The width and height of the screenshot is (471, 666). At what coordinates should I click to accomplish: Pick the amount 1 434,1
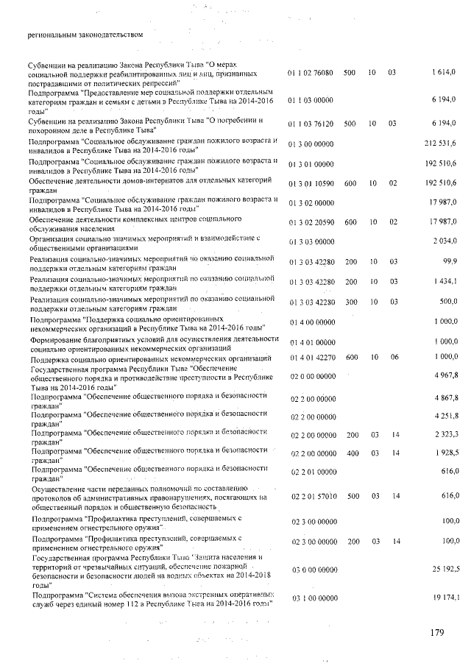pos(444,282)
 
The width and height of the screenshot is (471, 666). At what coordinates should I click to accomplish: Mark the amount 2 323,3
pos(444,435)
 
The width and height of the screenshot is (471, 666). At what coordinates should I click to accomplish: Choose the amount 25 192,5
pos(442,569)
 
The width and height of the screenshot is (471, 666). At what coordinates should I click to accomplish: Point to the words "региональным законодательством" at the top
pos(85,34)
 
